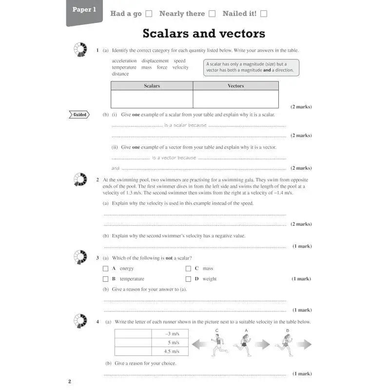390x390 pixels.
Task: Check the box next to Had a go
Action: pos(149,14)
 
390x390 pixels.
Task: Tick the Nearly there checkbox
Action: pos(212,14)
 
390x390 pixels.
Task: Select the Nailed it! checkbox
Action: pos(264,14)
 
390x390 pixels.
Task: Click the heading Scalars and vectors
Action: pos(204,33)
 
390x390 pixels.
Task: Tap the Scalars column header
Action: pos(152,86)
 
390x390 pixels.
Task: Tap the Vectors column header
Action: pos(236,86)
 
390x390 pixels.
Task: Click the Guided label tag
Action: pos(80,115)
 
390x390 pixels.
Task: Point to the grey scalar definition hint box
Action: pos(251,67)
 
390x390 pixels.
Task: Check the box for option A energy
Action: pos(106,269)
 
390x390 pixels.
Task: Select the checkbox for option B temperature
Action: pos(106,279)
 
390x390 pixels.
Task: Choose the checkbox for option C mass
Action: pos(188,269)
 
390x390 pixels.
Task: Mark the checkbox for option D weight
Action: pos(188,279)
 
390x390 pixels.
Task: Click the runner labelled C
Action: pos(219,346)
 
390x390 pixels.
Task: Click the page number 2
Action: pos(70,381)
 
